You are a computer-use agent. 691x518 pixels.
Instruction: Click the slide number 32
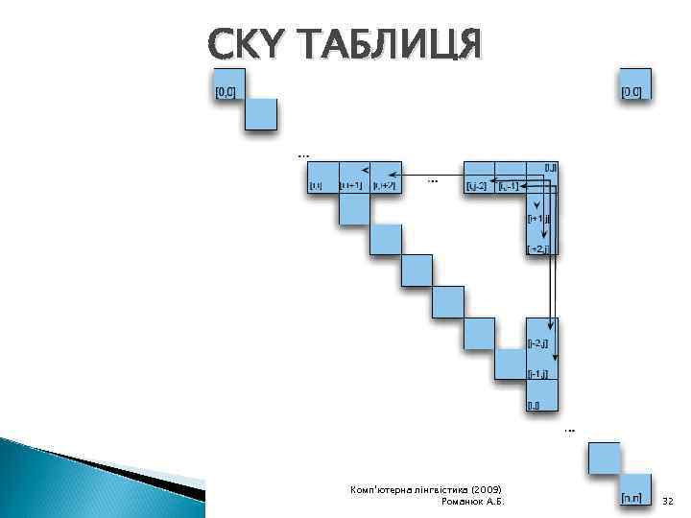click(669, 501)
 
